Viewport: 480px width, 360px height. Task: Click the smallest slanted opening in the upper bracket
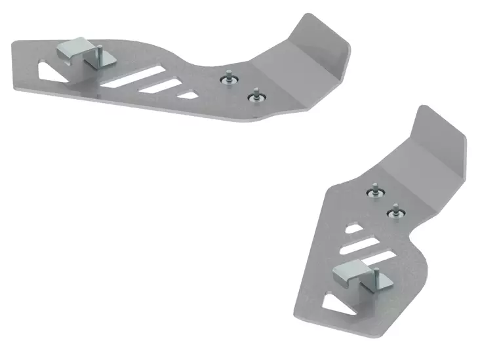coord(188,94)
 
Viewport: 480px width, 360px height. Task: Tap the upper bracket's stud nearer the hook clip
coord(229,77)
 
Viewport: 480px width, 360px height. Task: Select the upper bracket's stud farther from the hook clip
coord(253,96)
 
